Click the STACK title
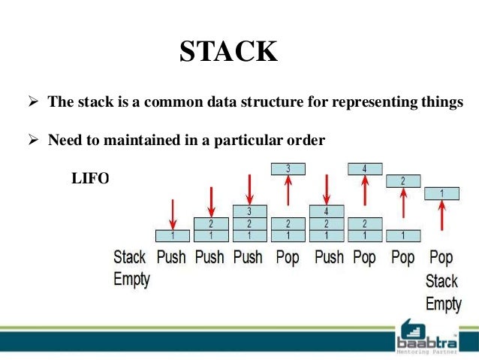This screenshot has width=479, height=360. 229,53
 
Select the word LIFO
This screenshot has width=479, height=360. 90,178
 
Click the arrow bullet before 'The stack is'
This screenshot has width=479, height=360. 32,103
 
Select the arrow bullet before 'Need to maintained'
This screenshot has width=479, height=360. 32,140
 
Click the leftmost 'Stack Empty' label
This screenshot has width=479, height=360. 131,268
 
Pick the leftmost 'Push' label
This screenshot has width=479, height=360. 171,257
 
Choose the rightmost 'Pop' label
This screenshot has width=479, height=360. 441,257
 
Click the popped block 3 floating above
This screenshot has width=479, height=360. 288,169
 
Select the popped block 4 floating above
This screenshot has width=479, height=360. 364,169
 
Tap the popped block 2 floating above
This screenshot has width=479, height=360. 402,181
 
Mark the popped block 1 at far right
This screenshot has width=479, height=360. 441,193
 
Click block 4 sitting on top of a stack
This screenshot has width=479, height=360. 326,211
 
